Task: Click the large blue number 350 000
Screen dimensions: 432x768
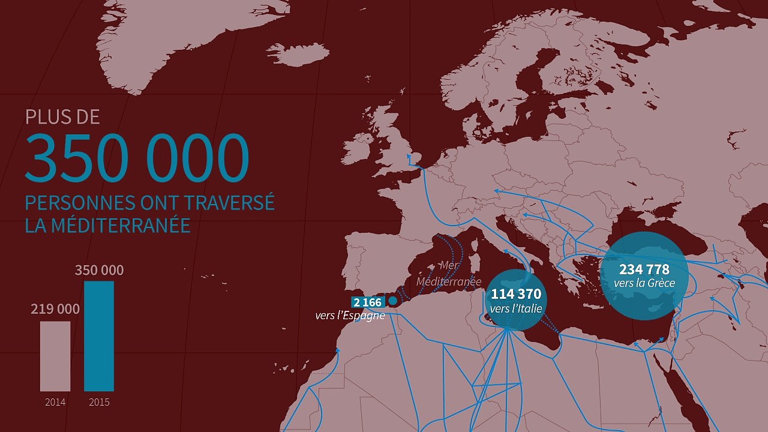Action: tap(136, 159)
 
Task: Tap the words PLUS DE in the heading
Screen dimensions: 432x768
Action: tap(62, 116)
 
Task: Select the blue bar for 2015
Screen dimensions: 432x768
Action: tap(99, 336)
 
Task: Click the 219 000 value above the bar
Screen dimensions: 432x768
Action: tap(55, 309)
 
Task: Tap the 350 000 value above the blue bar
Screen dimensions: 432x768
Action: tap(99, 271)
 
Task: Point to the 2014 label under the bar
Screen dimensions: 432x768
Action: tap(55, 402)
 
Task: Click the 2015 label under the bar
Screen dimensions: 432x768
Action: tap(99, 402)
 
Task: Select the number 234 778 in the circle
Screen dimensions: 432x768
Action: tap(644, 269)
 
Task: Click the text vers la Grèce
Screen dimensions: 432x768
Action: tap(644, 283)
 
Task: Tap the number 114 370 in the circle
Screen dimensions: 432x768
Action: tap(516, 295)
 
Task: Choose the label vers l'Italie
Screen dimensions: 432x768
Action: tap(516, 309)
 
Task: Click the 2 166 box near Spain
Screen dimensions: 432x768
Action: tap(367, 302)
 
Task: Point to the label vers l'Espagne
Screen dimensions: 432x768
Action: tap(350, 315)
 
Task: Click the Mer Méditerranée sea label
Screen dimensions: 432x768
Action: tap(449, 274)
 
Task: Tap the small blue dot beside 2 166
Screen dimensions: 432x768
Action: tap(393, 301)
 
